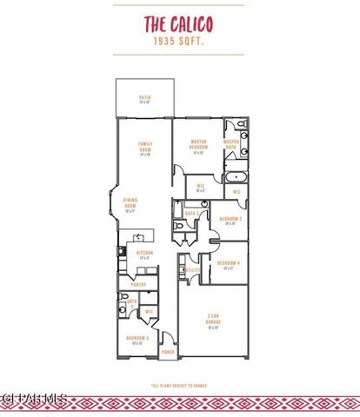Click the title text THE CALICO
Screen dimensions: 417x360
(x=179, y=24)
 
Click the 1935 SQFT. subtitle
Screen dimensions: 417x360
(x=179, y=41)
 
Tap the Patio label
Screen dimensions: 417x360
(x=144, y=100)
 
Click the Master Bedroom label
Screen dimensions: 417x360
(x=197, y=144)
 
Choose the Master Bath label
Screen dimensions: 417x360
(x=231, y=143)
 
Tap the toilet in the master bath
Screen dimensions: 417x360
(x=243, y=136)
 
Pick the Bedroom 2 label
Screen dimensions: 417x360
(x=230, y=220)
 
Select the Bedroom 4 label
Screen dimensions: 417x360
(x=228, y=264)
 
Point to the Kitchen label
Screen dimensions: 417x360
(x=144, y=254)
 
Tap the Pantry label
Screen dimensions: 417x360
(x=137, y=284)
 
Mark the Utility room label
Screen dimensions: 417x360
(x=192, y=270)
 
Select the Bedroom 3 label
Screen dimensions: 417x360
(x=137, y=340)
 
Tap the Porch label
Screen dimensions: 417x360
(x=167, y=352)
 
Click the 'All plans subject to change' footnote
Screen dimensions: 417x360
(x=180, y=383)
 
